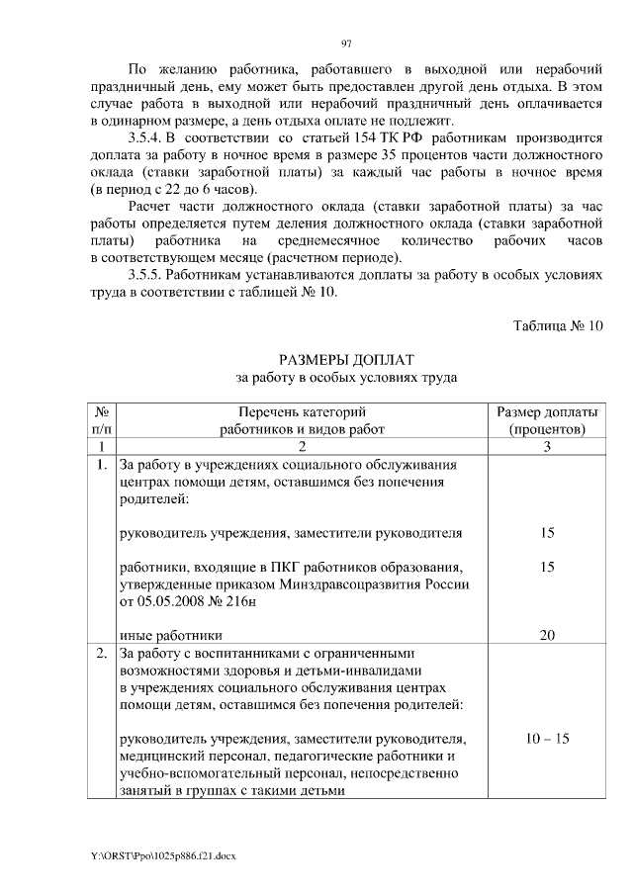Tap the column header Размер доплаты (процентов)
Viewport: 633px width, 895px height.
(546, 420)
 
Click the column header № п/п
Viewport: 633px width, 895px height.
(101, 420)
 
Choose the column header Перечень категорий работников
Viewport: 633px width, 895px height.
(302, 420)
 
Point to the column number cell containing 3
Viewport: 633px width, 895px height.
(546, 446)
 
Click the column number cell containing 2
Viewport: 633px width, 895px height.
(302, 446)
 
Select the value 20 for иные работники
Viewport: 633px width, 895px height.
(546, 635)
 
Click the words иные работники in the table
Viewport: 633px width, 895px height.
(169, 635)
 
